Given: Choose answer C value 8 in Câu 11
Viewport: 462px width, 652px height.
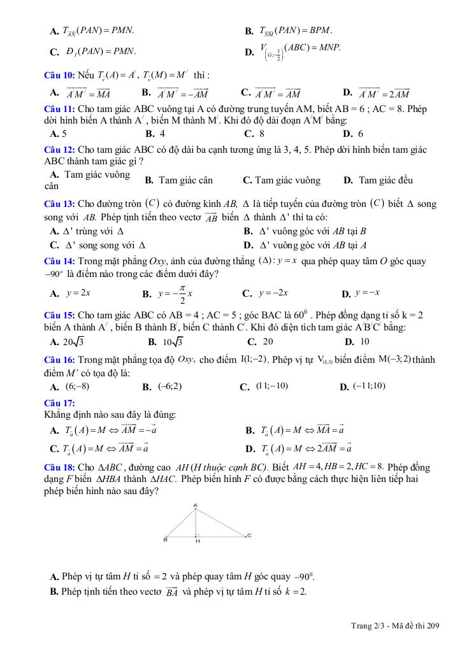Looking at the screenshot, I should click(262, 134).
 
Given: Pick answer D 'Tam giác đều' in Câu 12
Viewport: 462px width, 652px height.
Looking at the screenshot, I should click(386, 180).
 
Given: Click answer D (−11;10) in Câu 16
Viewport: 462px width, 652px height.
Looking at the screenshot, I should click(369, 386).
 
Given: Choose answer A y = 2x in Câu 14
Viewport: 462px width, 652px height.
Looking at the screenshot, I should click(78, 293).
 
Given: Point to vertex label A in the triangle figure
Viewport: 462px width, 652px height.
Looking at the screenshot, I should click(195, 506).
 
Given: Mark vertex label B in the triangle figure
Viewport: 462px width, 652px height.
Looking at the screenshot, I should click(165, 540).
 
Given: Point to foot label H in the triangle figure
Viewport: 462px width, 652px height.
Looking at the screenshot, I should click(198, 541).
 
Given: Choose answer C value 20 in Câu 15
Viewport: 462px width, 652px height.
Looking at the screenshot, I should click(268, 341).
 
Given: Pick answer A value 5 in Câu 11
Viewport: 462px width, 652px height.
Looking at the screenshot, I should click(64, 134).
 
